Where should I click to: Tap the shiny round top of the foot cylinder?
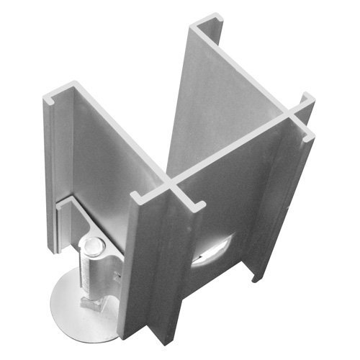[91, 247]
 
